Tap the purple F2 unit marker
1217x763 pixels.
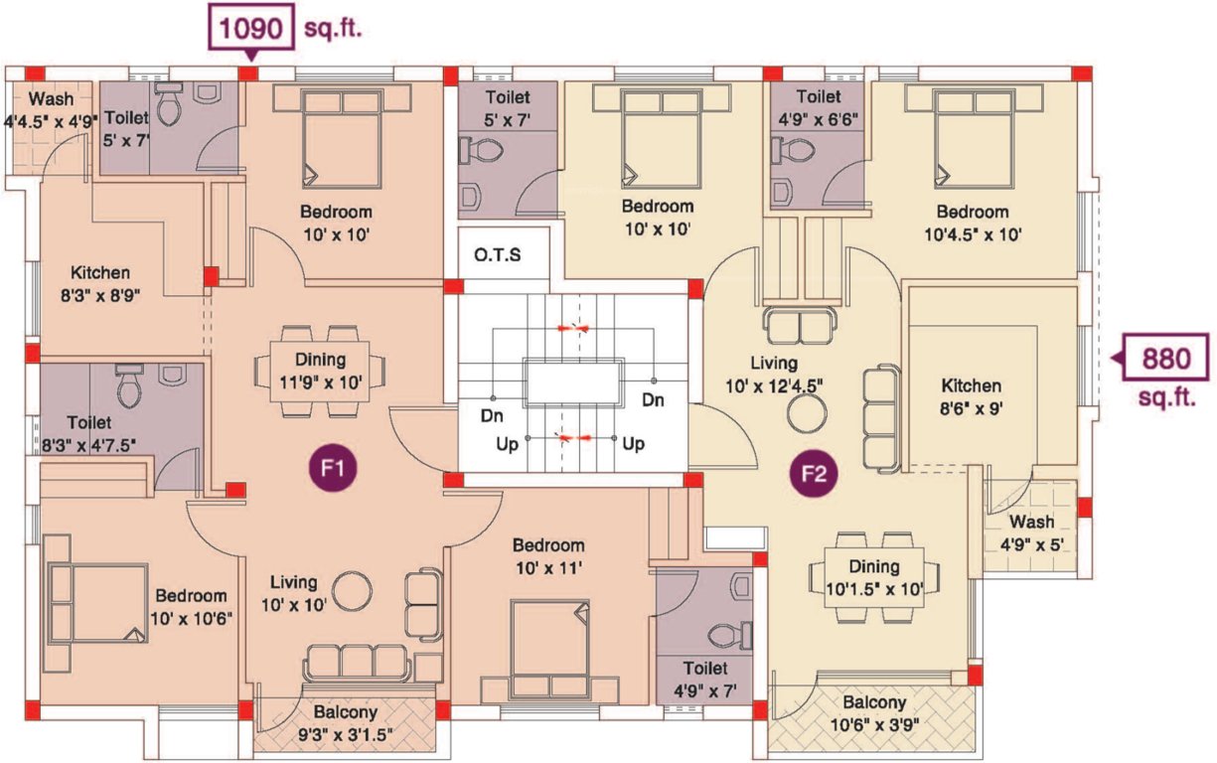point(815,473)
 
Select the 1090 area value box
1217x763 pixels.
point(250,28)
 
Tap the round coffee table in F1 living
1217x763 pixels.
point(351,592)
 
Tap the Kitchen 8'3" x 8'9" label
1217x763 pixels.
point(100,283)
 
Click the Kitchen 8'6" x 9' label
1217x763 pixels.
point(972,395)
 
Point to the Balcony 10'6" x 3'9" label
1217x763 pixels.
point(875,711)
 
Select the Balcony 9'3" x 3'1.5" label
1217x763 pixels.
point(345,722)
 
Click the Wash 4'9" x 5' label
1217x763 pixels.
point(1032,533)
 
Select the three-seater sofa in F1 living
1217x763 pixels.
point(356,663)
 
